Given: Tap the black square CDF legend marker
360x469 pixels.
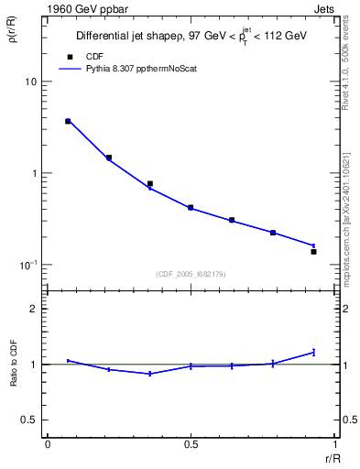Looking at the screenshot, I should [x=71, y=56].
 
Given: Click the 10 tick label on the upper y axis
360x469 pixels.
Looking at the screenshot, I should [x=30, y=82].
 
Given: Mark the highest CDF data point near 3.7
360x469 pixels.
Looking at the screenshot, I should [x=68, y=121].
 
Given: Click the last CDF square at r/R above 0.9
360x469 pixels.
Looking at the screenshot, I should [x=313, y=251].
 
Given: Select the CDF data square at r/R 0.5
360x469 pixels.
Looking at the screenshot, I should [x=191, y=208].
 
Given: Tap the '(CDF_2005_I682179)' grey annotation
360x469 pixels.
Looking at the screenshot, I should [x=191, y=273].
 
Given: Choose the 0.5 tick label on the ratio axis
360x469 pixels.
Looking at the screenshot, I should [x=29, y=420].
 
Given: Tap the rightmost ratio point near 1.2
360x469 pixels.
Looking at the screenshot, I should [x=313, y=352].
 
